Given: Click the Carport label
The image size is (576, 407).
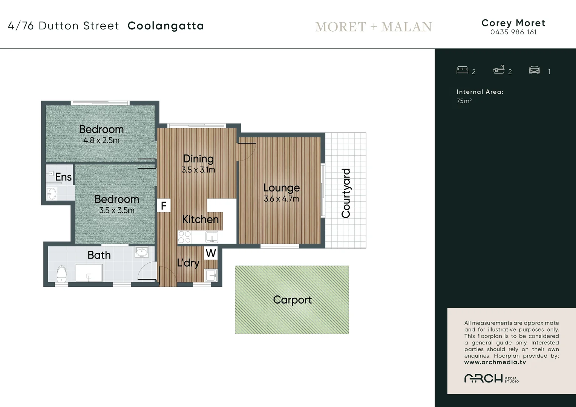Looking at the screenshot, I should pos(292,300).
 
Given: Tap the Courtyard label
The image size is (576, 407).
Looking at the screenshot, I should pos(346,193).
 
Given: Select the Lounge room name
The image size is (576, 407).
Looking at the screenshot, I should pos(281,188).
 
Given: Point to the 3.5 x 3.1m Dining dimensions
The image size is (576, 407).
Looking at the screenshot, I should pos(198,170).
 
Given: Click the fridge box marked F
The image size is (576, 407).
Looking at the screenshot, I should pos(164,206).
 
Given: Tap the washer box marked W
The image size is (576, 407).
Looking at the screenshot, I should pos(211,253).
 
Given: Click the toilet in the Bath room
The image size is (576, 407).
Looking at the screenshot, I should pos(61,274).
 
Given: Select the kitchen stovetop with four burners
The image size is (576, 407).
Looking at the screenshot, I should pos(184,237).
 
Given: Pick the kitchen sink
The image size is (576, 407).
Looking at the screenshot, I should pos(211,237).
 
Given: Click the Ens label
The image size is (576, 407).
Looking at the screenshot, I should pos(63,177).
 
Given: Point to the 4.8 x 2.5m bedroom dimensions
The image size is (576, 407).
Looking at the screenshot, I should pos(101,141).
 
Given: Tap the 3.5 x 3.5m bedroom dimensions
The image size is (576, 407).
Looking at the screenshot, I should pos(116,210).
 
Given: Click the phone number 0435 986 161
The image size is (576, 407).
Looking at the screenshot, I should pos(513,32).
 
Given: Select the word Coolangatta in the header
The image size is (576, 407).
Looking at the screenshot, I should pos(166,26).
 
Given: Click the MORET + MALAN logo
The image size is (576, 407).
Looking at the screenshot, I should pos(373,27).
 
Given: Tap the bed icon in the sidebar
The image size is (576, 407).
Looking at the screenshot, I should pos(462,70).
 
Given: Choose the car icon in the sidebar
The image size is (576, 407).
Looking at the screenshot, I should pos(534,70).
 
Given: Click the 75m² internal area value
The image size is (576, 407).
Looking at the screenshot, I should pos(464,101).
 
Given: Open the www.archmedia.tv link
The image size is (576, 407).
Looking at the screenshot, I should pos(495,363).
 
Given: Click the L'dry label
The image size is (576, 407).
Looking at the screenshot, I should pos(188,262).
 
